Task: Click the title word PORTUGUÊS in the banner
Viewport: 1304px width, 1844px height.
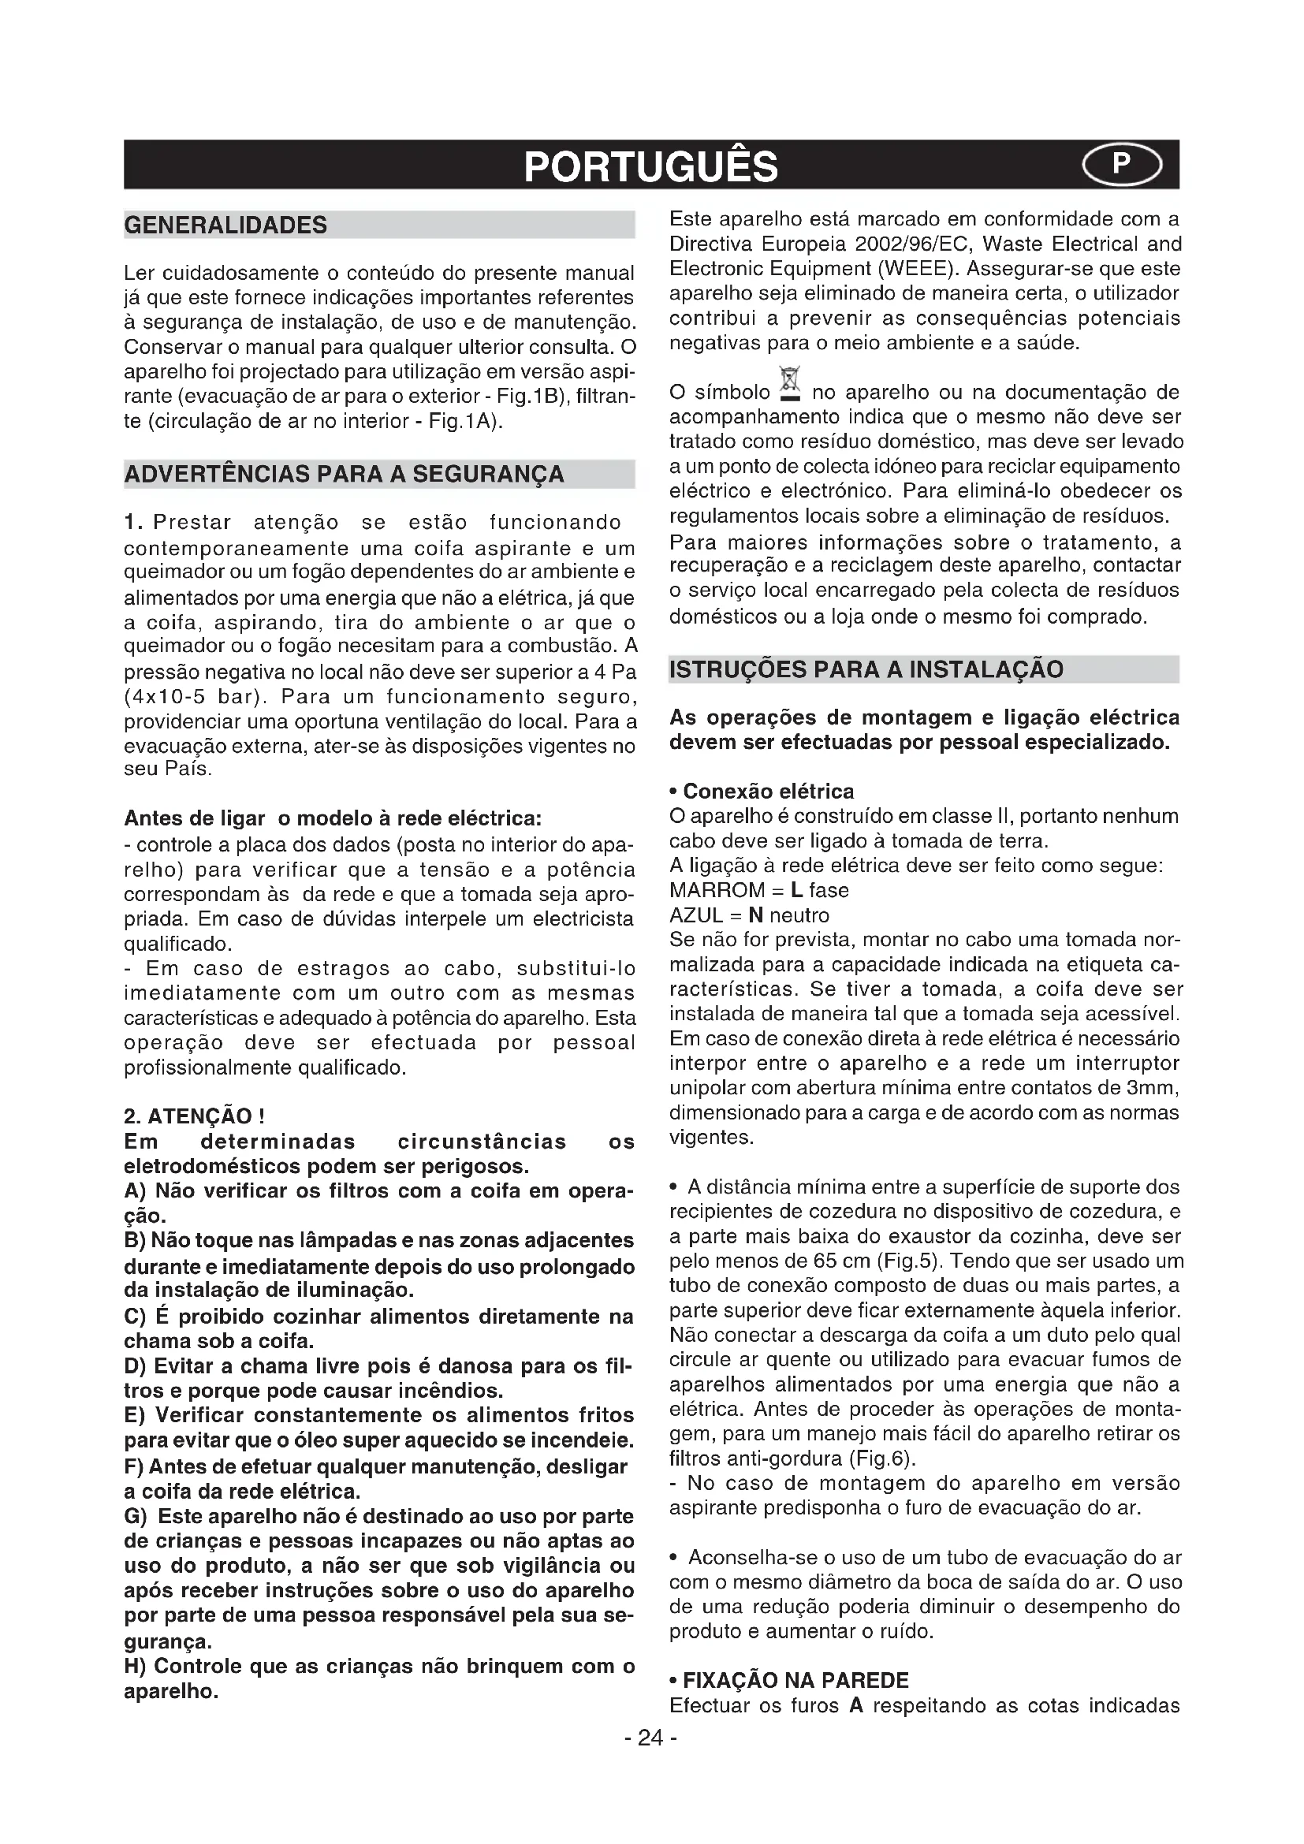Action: pos(650,166)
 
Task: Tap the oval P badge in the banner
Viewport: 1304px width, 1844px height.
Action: pos(1121,166)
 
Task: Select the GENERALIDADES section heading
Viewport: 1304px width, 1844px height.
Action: pos(225,225)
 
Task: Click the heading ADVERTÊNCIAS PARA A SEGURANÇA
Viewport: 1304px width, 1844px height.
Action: pos(345,475)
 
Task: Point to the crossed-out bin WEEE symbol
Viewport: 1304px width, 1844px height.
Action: pos(790,384)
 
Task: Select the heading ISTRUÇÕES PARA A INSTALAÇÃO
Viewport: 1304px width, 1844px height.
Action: pos(866,669)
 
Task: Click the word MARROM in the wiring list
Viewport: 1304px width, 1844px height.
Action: pos(717,891)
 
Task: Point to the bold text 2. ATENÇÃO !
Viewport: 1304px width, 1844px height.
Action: pos(194,1116)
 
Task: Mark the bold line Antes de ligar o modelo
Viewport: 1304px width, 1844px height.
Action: pos(333,818)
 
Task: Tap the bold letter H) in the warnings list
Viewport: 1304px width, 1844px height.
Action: pos(136,1667)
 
